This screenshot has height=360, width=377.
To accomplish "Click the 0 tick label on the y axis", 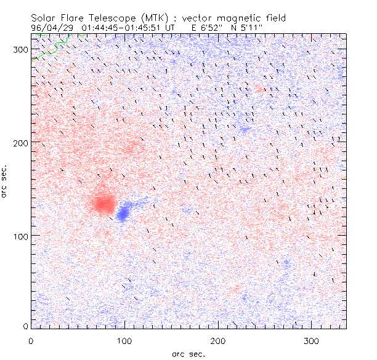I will coord(25,326).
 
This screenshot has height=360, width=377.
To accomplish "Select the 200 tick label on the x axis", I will coord(217,340).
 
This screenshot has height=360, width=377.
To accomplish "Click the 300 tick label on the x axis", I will coord(310,340).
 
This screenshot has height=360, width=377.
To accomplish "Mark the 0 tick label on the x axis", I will coord(31,340).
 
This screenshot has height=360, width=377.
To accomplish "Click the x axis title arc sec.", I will coord(188,353).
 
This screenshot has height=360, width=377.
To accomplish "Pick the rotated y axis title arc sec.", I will coord(5,182).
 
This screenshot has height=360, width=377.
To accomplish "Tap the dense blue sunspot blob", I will coord(123,213).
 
